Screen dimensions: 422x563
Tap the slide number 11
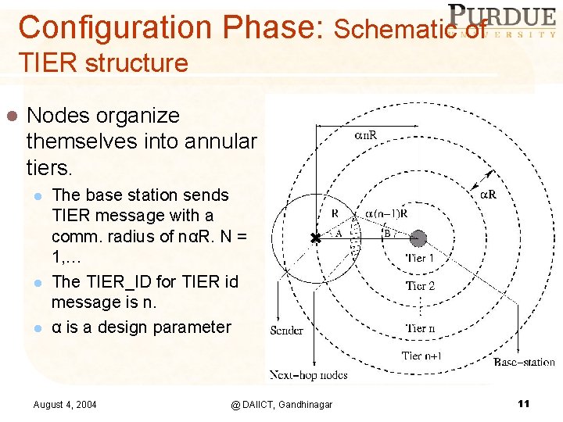tap(523, 403)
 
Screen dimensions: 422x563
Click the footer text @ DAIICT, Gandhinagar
tap(281, 404)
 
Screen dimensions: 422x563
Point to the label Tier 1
tap(420, 258)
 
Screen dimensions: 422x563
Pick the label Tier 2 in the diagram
tap(420, 286)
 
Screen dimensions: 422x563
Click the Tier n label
tap(420, 328)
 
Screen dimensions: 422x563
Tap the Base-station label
tap(524, 362)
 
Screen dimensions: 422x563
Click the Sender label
tap(286, 331)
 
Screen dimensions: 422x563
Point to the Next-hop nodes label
tap(309, 375)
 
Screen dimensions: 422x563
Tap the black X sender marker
tap(315, 238)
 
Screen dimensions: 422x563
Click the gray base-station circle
tap(418, 238)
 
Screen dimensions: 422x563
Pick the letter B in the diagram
tap(386, 232)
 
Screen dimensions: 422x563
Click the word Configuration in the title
tap(117, 27)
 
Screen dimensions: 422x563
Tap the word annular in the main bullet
tap(217, 141)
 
